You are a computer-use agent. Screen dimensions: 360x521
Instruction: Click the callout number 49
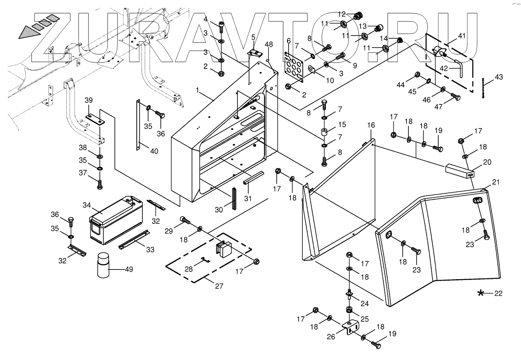coord(129,270)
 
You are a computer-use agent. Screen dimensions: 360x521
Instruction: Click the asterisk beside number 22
coord(481,293)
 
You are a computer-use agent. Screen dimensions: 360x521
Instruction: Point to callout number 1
coord(198,90)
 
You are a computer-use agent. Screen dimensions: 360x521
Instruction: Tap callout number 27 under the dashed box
coord(219,287)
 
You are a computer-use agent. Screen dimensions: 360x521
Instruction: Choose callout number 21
coord(496,182)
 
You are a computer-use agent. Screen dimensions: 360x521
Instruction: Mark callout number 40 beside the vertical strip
coord(154,151)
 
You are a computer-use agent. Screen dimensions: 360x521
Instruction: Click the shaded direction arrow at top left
coord(32,28)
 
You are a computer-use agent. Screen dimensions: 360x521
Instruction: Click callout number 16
coord(371,125)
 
